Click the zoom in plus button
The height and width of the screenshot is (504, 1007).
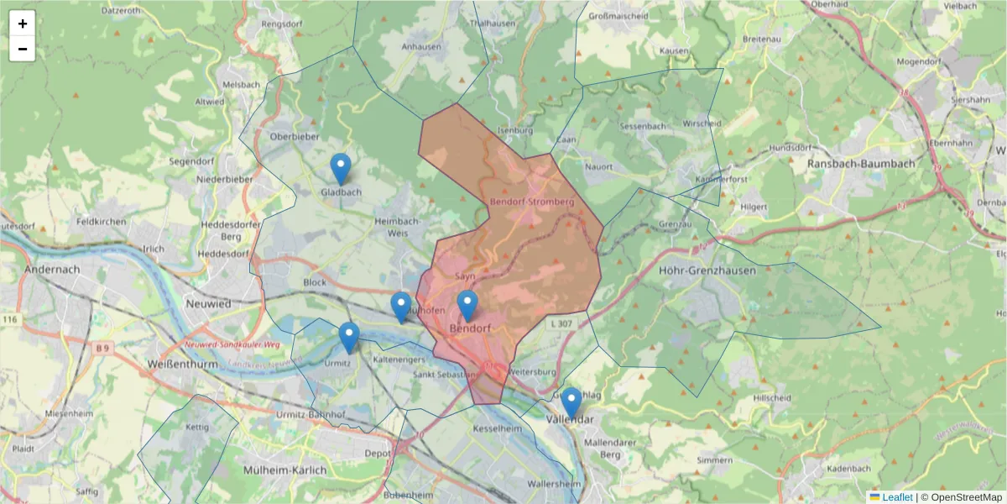coord(23,24)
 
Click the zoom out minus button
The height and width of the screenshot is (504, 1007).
coord(23,49)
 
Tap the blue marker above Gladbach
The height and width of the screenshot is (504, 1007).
coord(340,169)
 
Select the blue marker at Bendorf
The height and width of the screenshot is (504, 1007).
coord(467,306)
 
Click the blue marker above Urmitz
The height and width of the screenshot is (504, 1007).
coord(349,338)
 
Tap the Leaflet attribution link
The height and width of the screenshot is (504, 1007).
coord(896,496)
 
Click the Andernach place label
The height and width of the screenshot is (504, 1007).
coord(52,270)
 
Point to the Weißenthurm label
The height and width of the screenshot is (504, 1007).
coord(182,365)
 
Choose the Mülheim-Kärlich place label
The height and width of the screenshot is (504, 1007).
coord(284,470)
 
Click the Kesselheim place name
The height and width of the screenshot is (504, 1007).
coord(498,428)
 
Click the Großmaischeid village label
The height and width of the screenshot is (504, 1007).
coord(618,16)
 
